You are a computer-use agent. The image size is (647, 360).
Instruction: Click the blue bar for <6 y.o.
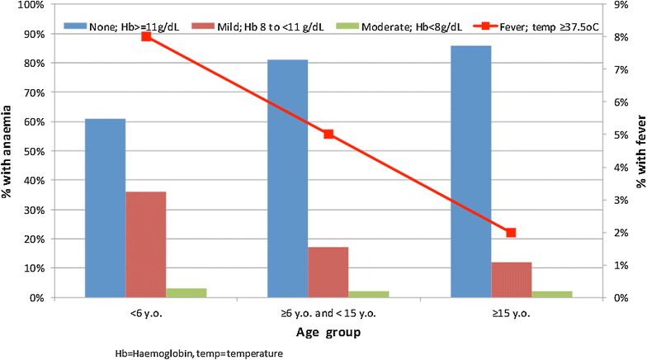pyautogui.click(x=106, y=208)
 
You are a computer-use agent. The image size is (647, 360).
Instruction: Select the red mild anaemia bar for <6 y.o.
pyautogui.click(x=145, y=244)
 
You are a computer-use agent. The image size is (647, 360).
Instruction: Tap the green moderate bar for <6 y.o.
pyautogui.click(x=187, y=292)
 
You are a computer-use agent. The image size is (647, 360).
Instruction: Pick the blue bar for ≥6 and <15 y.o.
pyautogui.click(x=287, y=178)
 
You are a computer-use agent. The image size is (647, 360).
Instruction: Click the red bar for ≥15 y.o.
pyautogui.click(x=512, y=279)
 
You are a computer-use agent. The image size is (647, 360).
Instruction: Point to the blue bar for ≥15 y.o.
pyautogui.click(x=470, y=172)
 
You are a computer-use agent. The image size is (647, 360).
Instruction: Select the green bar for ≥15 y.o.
pyautogui.click(x=551, y=294)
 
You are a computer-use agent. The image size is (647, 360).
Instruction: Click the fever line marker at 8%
pyautogui.click(x=147, y=36)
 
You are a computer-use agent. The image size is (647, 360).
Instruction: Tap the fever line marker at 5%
pyautogui.click(x=328, y=134)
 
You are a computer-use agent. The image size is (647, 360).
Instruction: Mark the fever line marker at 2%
pyautogui.click(x=511, y=233)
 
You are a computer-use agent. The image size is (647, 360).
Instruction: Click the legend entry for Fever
pyautogui.click(x=536, y=26)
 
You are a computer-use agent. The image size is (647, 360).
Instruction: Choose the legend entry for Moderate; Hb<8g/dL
pyautogui.click(x=399, y=26)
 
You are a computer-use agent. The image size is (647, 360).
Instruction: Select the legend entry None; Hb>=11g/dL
pyautogui.click(x=121, y=26)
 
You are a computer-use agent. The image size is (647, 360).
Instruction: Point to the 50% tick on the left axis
pyautogui.click(x=31, y=151)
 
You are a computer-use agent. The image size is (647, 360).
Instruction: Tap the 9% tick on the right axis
pyautogui.click(x=621, y=5)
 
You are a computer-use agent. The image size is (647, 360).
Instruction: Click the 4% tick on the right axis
pyautogui.click(x=621, y=168)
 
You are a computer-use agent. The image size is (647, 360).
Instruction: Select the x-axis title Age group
pyautogui.click(x=328, y=332)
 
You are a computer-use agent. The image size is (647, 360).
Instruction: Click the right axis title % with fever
pyautogui.click(x=640, y=151)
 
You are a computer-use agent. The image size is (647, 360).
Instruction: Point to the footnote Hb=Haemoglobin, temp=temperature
pyautogui.click(x=199, y=353)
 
